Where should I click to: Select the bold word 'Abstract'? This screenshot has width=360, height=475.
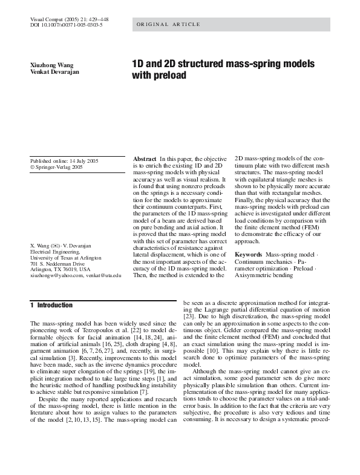[x=145, y=159]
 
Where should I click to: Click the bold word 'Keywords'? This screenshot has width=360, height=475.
[x=248, y=255]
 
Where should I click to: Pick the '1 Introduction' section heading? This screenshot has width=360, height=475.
[x=51, y=306]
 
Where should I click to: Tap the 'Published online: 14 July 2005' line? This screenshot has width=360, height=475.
[x=64, y=161]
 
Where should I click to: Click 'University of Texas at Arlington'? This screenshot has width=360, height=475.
[x=66, y=258]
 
